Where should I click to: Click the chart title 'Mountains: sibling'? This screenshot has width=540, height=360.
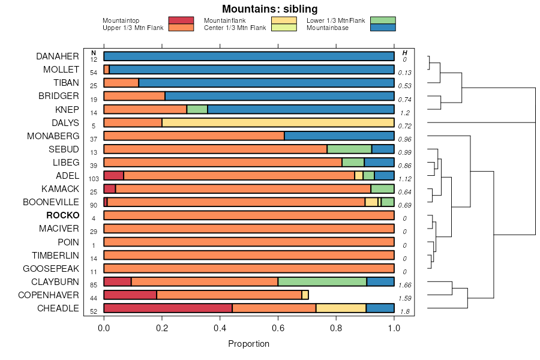pyautogui.click(x=269, y=9)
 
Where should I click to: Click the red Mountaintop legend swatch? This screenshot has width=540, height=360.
pyautogui.click(x=181, y=20)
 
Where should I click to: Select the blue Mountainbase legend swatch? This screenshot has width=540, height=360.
pyautogui.click(x=383, y=28)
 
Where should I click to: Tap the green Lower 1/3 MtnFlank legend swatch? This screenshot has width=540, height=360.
pyautogui.click(x=383, y=20)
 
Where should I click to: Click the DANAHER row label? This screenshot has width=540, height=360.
pyautogui.click(x=58, y=56)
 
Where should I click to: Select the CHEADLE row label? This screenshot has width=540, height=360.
pyautogui.click(x=58, y=308)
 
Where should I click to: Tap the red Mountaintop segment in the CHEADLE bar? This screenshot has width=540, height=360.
pyautogui.click(x=168, y=308)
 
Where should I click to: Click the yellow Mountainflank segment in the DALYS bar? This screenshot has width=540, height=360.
pyautogui.click(x=278, y=122)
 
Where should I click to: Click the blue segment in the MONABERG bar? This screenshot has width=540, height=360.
pyautogui.click(x=339, y=136)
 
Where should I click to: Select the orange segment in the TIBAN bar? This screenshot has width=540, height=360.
pyautogui.click(x=121, y=83)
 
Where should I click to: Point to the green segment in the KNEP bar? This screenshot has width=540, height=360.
pyautogui.click(x=197, y=109)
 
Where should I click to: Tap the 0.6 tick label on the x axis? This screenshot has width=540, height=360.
pyautogui.click(x=278, y=329)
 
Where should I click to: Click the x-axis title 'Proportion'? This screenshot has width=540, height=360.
pyautogui.click(x=248, y=344)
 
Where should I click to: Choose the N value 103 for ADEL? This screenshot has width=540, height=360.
pyautogui.click(x=94, y=179)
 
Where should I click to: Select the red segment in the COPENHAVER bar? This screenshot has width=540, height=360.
pyautogui.click(x=130, y=295)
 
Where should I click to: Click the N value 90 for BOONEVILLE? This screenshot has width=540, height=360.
pyautogui.click(x=94, y=205)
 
